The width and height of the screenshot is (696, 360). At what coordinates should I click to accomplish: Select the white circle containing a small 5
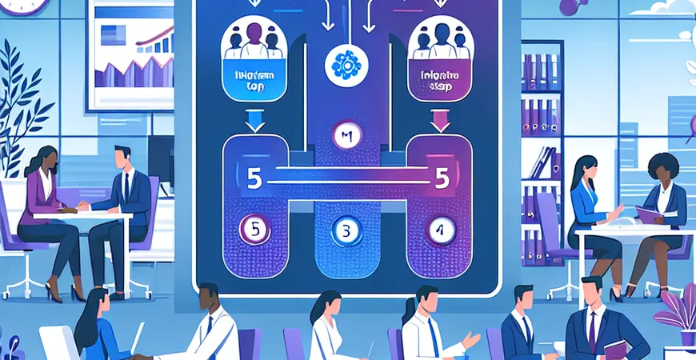(255, 230)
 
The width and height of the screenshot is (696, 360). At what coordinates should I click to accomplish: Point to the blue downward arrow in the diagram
(254, 120)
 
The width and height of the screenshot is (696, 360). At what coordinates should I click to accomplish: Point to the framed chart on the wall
(133, 53)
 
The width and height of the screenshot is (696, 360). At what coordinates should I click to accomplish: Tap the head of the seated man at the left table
(122, 157)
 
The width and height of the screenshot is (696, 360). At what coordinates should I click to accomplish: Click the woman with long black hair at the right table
(586, 200)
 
